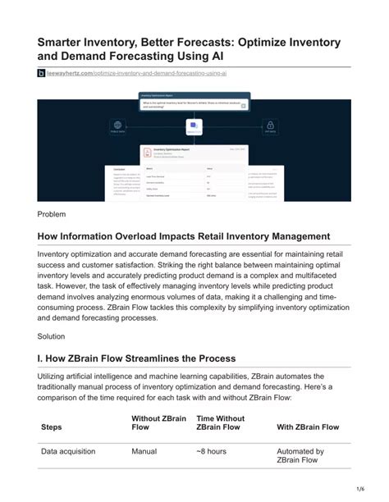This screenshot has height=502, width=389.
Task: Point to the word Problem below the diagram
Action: click(x=51, y=214)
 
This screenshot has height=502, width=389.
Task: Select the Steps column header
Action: click(x=51, y=427)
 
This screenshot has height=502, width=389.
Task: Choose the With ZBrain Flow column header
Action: click(x=308, y=427)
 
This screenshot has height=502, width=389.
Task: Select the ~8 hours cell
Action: click(x=211, y=451)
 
